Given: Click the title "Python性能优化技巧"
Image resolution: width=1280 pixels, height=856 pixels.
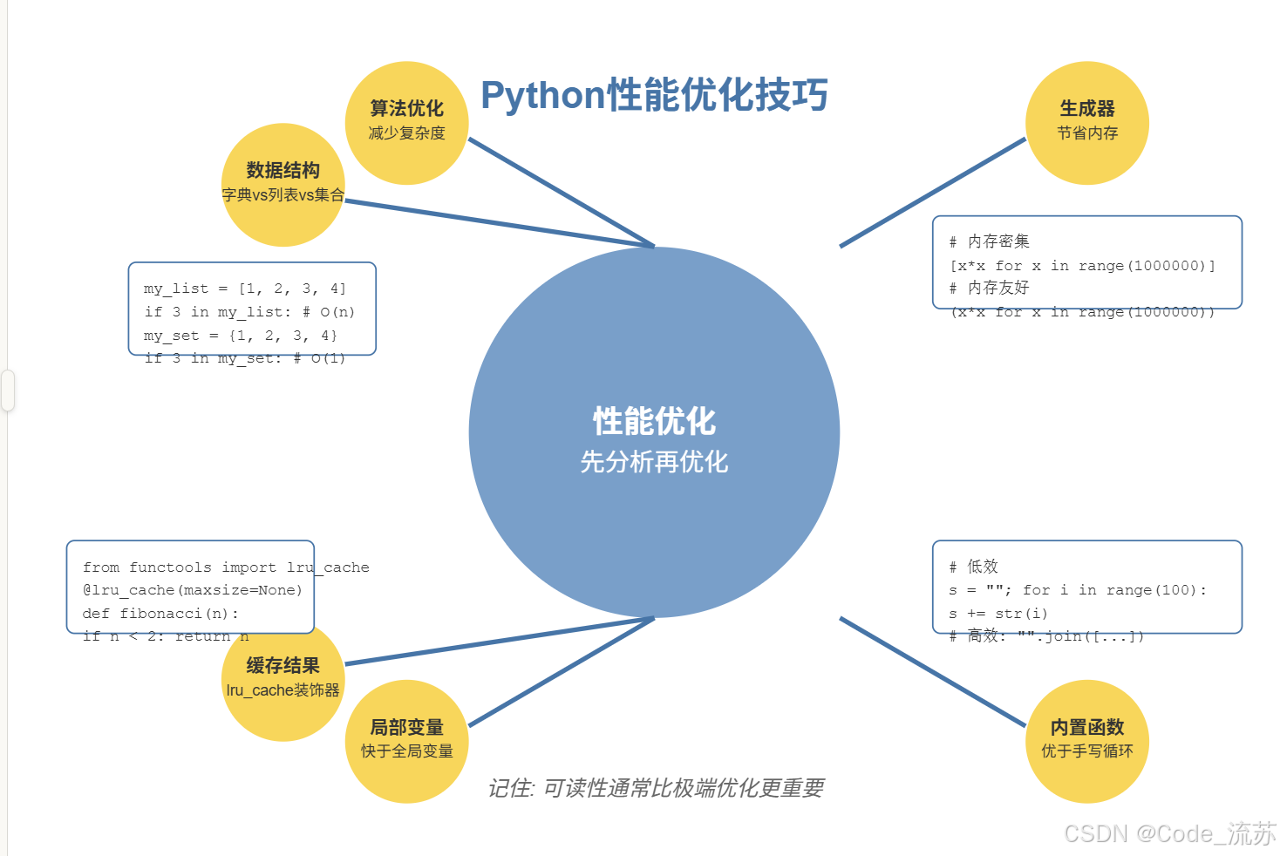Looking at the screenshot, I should click(654, 95).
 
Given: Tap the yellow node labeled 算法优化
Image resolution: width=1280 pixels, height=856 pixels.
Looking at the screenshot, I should click(407, 122).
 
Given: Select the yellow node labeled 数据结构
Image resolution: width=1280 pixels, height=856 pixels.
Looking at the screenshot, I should click(283, 183).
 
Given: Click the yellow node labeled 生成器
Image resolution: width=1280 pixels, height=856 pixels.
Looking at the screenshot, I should click(1087, 122).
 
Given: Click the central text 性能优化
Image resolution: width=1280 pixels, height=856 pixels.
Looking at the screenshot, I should click(654, 421).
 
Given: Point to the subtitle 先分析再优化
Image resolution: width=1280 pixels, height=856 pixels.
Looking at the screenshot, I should click(654, 462).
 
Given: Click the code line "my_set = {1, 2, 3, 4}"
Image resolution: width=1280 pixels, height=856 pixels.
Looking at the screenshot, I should click(241, 336).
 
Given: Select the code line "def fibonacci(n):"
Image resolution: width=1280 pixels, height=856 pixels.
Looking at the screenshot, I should click(160, 614).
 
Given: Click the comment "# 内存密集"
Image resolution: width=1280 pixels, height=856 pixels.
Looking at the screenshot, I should click(990, 241).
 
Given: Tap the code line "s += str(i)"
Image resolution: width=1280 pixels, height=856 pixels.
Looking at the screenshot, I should click(998, 614).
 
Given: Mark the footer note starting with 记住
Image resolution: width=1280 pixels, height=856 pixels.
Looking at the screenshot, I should click(656, 788).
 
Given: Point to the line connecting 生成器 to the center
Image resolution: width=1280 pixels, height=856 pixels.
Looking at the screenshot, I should click(933, 193).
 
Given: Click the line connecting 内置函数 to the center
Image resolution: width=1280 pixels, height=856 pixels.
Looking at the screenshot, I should click(933, 671).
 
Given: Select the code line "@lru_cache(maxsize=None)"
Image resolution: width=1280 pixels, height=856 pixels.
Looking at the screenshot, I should click(193, 590).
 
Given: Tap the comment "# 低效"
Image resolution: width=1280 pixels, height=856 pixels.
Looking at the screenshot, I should click(974, 567).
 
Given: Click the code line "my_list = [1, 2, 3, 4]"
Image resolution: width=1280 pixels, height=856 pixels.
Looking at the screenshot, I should click(245, 289).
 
